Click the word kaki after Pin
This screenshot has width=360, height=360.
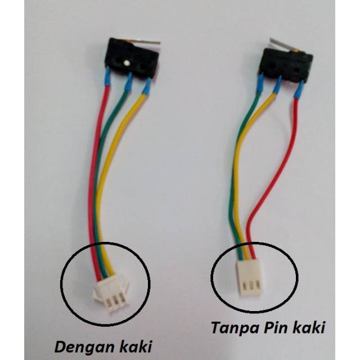coord(308,327)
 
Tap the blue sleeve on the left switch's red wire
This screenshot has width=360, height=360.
coord(107,76)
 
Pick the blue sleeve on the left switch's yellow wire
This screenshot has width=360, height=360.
coord(146,86)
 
